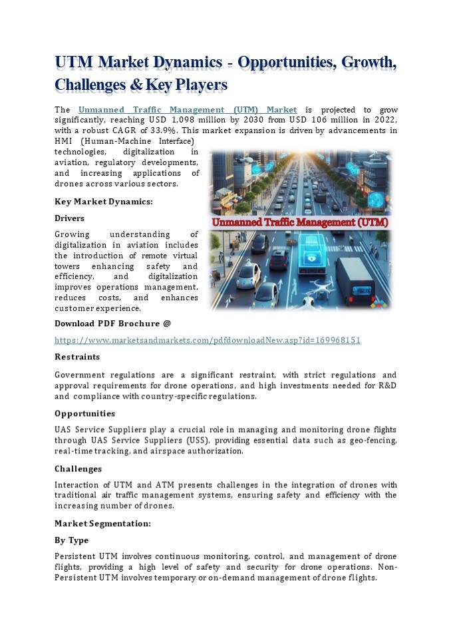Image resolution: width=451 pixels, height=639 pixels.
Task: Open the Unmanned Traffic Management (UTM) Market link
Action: [188, 109]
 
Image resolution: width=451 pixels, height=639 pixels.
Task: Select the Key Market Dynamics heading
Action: [103, 201]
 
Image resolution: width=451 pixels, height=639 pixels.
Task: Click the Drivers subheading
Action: [69, 218]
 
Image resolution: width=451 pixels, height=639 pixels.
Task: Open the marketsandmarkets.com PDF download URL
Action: [207, 340]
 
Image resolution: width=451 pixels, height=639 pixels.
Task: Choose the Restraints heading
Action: [77, 357]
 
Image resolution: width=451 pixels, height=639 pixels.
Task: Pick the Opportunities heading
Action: [84, 413]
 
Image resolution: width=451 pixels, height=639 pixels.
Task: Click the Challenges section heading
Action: [78, 469]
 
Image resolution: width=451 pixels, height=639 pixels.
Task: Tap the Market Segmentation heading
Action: [102, 523]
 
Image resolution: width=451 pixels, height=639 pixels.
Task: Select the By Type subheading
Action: [71, 540]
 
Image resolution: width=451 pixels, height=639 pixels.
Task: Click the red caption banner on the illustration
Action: [300, 222]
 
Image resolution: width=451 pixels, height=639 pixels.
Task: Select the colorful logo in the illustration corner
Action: [381, 303]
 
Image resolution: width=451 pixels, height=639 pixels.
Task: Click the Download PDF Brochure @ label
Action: [112, 323]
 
